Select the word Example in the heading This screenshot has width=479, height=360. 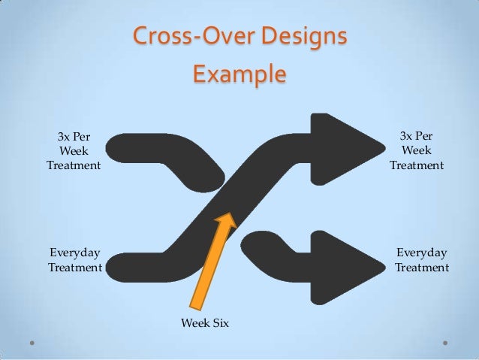click(239, 74)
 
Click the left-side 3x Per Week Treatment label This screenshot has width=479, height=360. click(74, 152)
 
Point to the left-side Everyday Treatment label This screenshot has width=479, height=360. click(74, 259)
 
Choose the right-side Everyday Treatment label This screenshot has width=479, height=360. click(421, 259)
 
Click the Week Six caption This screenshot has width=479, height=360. click(204, 322)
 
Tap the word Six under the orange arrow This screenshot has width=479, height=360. click(219, 322)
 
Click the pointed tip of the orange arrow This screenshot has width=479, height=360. click(226, 214)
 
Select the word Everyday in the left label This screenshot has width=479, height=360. click(74, 253)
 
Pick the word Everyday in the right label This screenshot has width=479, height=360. click(421, 253)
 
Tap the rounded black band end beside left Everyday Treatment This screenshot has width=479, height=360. click(120, 268)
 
